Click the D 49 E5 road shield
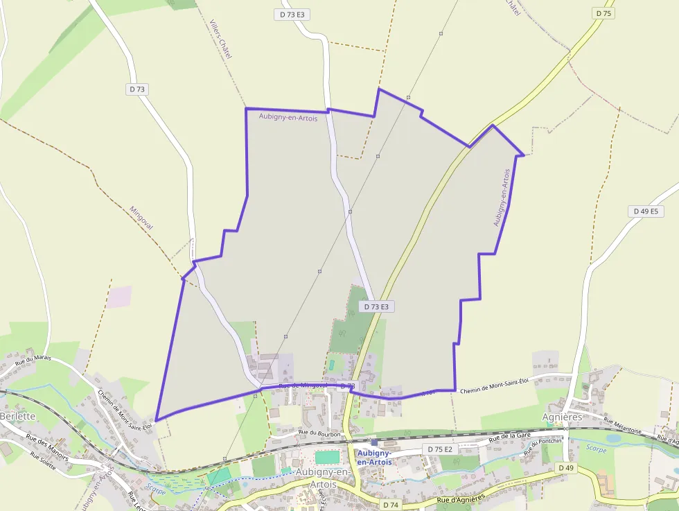point(644,211)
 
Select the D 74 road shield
point(390,505)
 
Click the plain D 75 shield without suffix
point(603,13)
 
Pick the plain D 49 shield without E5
point(565,468)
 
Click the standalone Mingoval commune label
point(141,218)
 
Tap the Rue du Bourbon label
point(319,433)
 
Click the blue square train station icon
point(374,441)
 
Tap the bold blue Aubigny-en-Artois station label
point(374,457)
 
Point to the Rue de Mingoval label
point(303,386)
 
